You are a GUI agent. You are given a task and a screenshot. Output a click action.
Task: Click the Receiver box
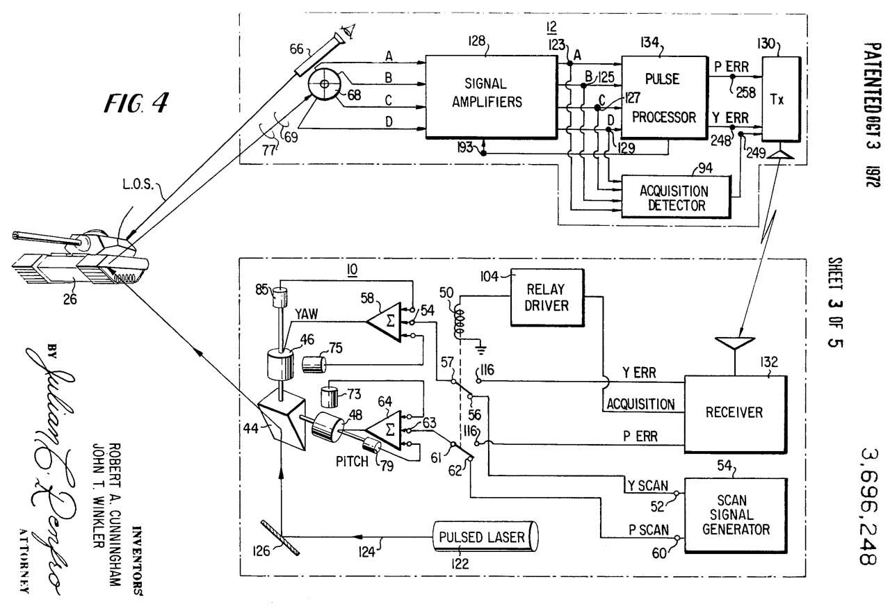point(734,412)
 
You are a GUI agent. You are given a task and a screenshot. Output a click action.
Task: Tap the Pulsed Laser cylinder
point(487,537)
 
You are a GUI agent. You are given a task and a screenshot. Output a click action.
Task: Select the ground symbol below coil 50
point(478,343)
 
